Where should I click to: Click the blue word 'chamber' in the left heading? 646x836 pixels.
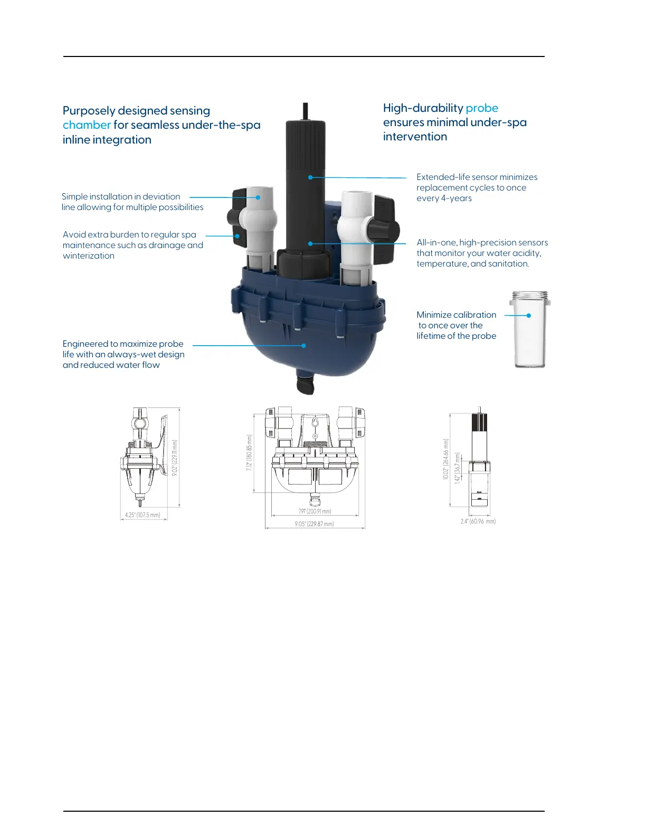[87, 125]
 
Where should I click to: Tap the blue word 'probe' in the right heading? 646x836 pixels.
[482, 108]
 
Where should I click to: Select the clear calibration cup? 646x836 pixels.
[529, 330]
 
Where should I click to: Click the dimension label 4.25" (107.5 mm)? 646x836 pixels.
[142, 515]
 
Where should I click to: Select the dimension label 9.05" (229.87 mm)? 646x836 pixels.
[314, 524]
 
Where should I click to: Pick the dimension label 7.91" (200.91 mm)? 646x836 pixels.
[315, 511]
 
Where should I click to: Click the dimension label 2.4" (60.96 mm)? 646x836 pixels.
[478, 521]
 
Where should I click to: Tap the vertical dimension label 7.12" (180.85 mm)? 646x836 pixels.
[250, 452]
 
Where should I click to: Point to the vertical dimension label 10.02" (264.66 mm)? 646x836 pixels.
[446, 459]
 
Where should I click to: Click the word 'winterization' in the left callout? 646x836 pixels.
[89, 256]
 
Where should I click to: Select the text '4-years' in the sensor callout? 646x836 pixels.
[457, 198]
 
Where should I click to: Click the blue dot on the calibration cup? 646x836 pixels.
[529, 316]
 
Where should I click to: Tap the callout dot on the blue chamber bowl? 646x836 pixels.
[303, 346]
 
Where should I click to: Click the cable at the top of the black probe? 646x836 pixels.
[306, 111]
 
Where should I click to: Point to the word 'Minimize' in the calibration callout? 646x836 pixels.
[434, 315]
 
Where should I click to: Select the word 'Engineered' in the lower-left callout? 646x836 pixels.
[85, 344]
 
